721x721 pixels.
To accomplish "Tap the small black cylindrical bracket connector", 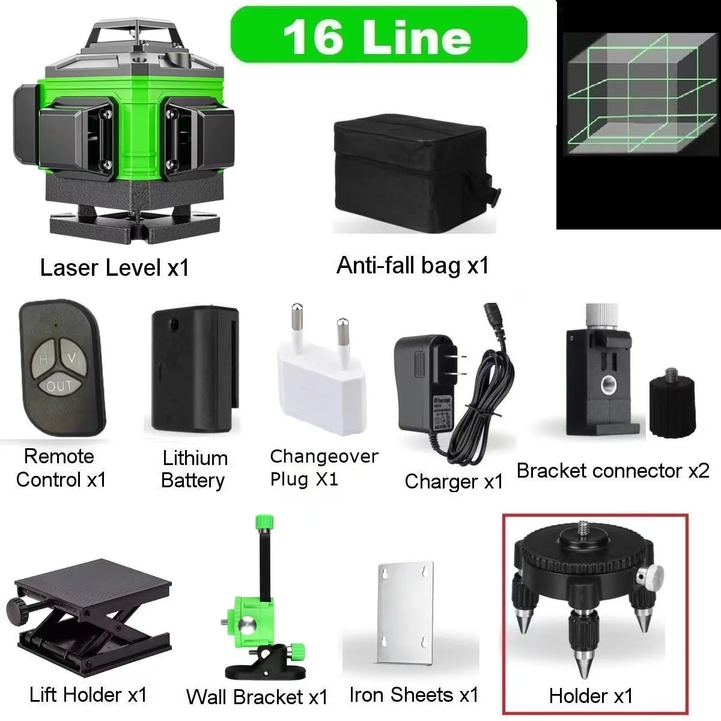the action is pyautogui.click(x=672, y=400).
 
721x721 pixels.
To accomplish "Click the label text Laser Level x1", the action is pyautogui.click(x=114, y=268).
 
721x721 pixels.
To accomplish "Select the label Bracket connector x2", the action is pyautogui.click(x=613, y=470).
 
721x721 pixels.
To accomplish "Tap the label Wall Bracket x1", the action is pyautogui.click(x=257, y=697).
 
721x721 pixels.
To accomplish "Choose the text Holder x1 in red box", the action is pyautogui.click(x=591, y=696).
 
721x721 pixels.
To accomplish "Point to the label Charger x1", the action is pyautogui.click(x=454, y=481).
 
